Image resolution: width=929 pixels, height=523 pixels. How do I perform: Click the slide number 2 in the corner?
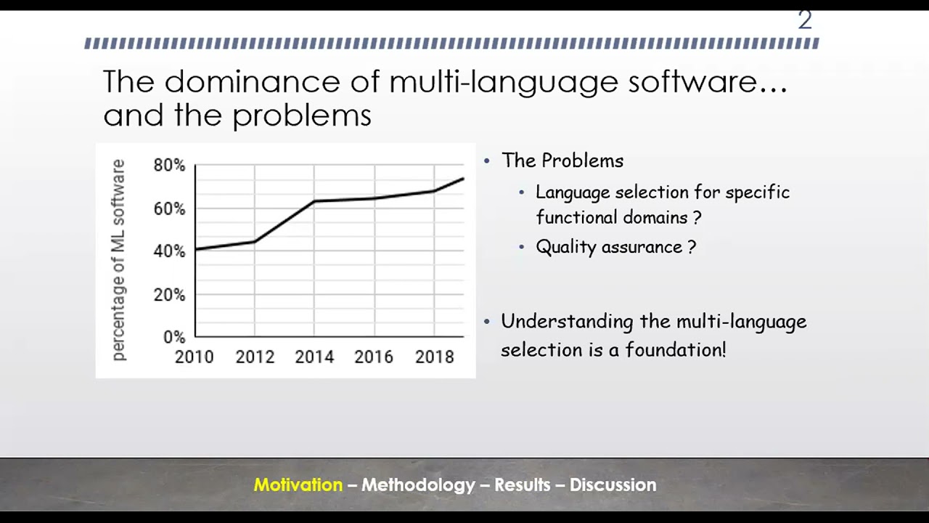point(804,20)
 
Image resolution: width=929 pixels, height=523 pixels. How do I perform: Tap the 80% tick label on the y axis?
point(169,166)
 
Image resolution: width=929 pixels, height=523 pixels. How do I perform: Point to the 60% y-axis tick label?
point(169,209)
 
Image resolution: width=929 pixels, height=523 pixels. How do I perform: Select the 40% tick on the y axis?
point(169,251)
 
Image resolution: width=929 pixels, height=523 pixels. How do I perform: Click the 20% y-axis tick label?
point(169,295)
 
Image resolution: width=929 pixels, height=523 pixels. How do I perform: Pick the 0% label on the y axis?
point(174,337)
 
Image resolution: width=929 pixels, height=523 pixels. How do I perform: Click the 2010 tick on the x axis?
point(195,357)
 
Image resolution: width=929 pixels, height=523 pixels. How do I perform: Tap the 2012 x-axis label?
point(255,357)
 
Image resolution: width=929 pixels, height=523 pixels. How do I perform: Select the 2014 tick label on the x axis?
point(314,357)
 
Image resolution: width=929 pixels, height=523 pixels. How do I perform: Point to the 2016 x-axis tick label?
point(374,357)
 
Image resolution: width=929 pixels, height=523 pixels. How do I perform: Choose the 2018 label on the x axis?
point(434,357)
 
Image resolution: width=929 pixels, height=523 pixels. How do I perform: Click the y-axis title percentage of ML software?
point(118,260)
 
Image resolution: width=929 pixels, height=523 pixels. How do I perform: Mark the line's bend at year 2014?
point(314,201)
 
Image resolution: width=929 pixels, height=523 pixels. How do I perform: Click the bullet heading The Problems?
point(562,161)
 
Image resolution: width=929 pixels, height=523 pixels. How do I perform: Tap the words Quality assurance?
point(609,247)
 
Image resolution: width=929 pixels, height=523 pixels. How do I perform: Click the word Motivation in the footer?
point(298,485)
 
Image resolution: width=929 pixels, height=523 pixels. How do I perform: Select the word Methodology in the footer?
point(418,485)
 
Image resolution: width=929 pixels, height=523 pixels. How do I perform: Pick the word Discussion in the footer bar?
point(613,485)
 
